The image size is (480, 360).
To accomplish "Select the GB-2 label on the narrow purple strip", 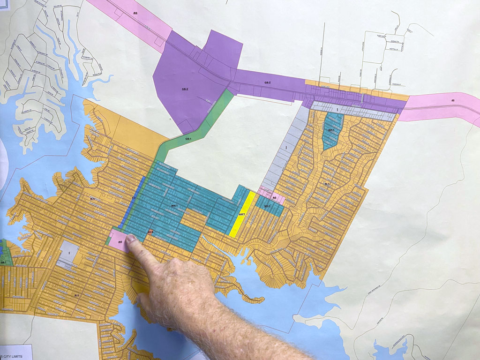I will (267, 82).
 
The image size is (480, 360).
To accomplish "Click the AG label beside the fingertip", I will (120, 242).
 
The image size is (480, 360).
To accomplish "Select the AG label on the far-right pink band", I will (453, 100).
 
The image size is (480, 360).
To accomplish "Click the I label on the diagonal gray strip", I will (286, 148).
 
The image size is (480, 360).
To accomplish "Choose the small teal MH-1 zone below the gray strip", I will (332, 130).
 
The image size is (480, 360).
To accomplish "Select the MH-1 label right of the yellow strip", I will (267, 206).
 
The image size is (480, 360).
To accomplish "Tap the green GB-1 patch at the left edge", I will (3, 255).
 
